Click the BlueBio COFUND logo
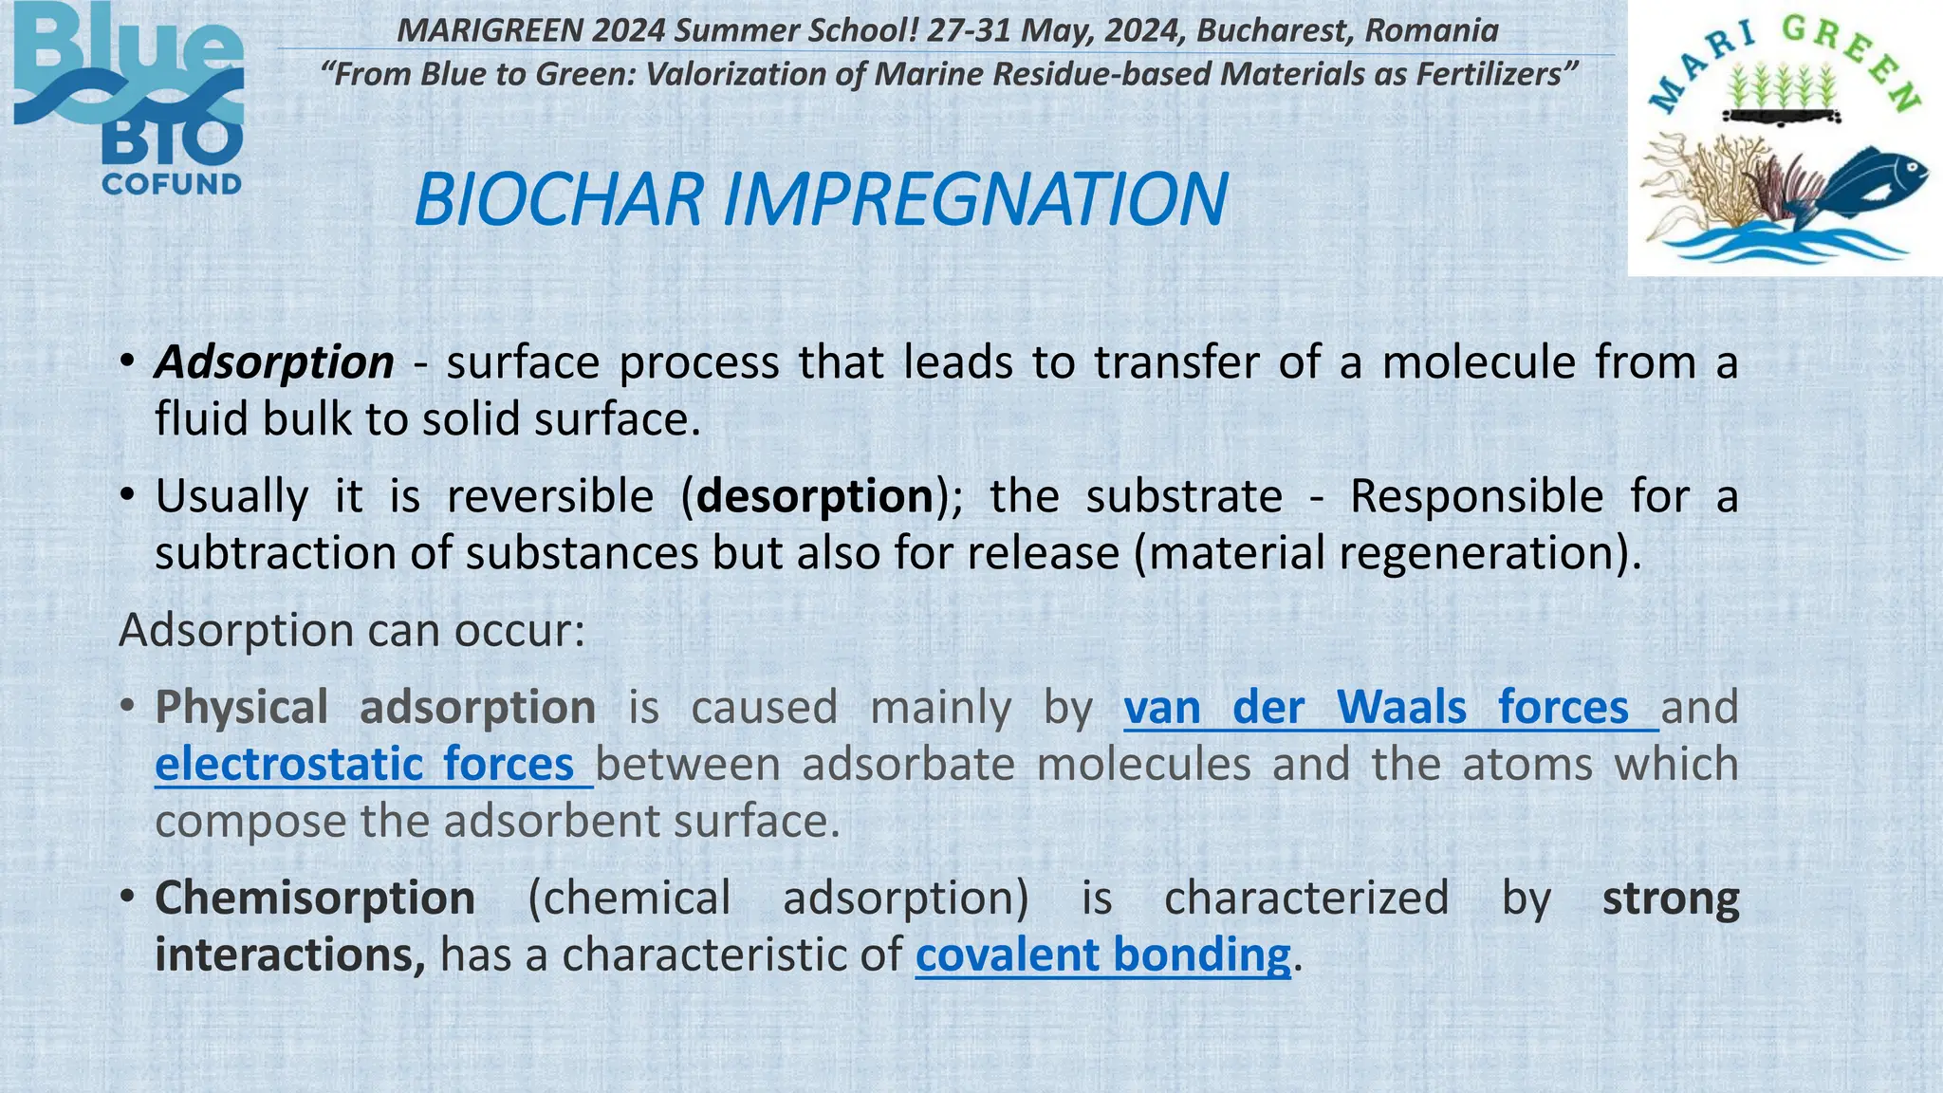coord(129,100)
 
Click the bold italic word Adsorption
coord(275,362)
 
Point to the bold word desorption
coord(815,496)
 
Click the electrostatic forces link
coord(364,765)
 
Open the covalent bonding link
coord(1102,955)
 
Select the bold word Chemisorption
coord(315,898)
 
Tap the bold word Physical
coord(242,708)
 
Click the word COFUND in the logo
coord(172,184)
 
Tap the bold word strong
coord(1671,898)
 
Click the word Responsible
coord(1476,496)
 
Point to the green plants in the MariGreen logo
coord(1782,87)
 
